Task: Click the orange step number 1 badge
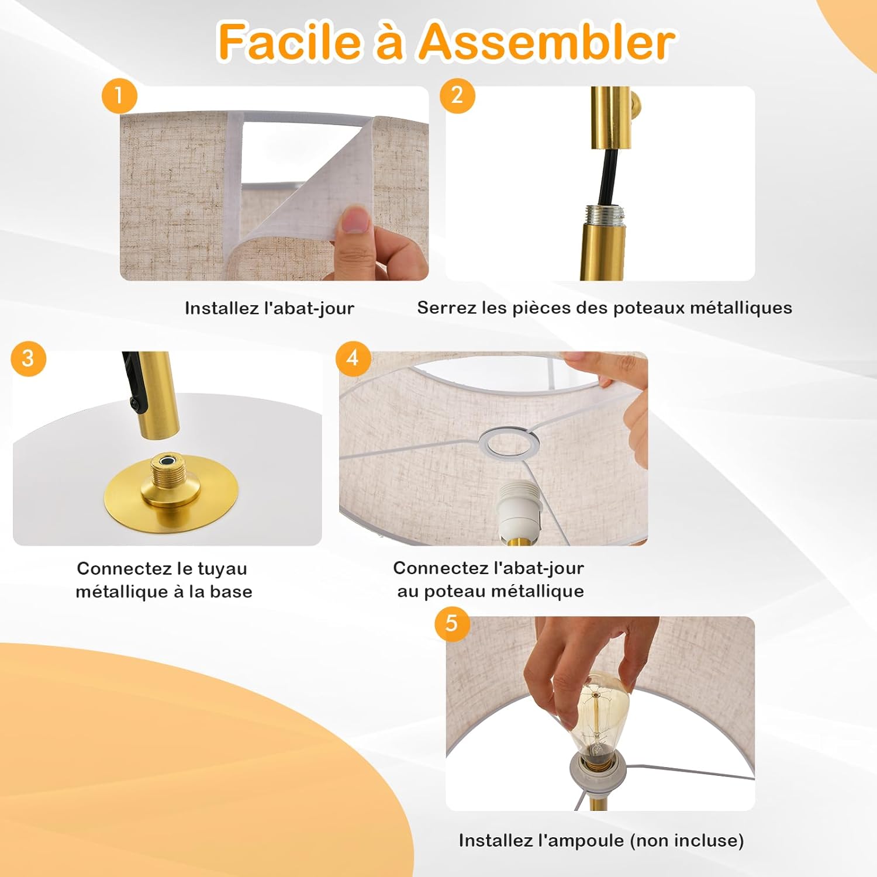pos(119,96)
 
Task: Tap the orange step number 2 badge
pos(457,95)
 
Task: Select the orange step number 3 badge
pos(28,358)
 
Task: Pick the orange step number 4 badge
pos(353,358)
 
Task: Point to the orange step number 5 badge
pos(452,623)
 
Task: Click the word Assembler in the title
pos(547,42)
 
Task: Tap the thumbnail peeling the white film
pos(355,220)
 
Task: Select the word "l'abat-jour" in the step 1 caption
pos(309,308)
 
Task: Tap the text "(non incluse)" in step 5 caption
pos(687,841)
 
